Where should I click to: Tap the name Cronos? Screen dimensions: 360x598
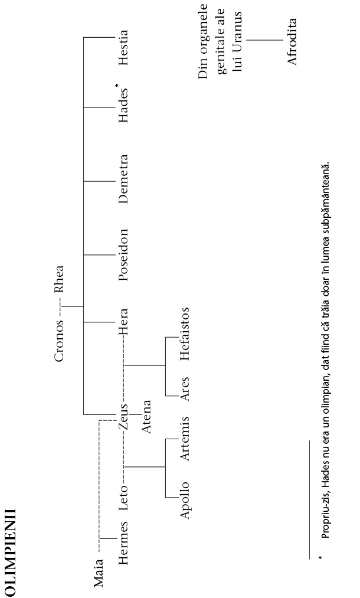coord(59,341)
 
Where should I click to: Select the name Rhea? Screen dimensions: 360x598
coord(59,279)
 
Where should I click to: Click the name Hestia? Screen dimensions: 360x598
coord(123,48)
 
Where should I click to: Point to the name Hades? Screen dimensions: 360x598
coord(123,106)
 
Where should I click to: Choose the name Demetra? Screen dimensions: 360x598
coord(123,179)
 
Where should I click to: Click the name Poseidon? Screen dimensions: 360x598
coord(123,255)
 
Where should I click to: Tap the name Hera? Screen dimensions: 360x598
coord(123,321)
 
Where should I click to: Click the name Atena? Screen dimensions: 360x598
coord(146,416)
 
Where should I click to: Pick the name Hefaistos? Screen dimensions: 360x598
coord(184,334)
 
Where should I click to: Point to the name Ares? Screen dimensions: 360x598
coord(184,389)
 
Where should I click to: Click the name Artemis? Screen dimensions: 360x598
coord(184,439)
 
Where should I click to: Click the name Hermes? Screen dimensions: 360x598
coord(123,543)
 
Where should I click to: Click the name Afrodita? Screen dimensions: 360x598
coord(292,41)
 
